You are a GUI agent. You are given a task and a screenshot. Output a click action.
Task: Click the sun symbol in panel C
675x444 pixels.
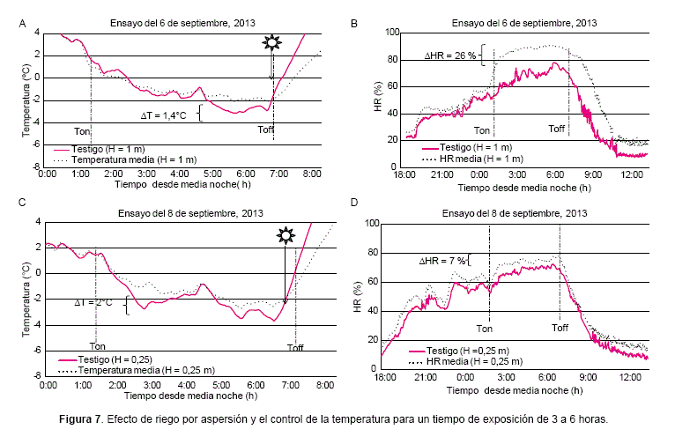click(285, 235)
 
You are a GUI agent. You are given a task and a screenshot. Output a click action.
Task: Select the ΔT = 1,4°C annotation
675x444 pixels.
click(168, 115)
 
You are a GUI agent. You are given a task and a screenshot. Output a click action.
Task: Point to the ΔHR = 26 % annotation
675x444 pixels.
click(449, 55)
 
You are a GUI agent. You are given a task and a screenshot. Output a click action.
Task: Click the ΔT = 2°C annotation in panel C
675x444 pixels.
click(93, 302)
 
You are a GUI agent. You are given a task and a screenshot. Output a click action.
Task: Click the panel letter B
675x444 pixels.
click(354, 23)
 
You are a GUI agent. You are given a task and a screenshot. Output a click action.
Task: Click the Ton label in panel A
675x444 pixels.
click(82, 129)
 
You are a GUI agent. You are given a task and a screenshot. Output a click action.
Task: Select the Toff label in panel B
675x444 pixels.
click(557, 129)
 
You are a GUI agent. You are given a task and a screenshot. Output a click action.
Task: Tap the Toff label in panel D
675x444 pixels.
click(560, 328)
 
